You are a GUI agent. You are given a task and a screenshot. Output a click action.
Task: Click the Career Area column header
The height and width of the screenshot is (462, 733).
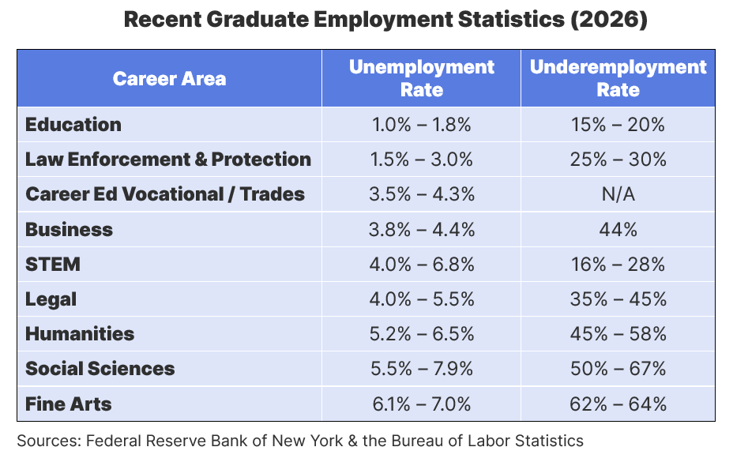[169, 78]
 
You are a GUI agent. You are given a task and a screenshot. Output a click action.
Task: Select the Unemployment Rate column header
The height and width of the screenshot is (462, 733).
[421, 78]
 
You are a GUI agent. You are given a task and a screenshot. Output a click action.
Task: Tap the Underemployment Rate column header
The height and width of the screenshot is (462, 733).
[618, 78]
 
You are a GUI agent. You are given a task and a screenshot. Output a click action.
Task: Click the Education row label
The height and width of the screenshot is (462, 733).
[73, 124]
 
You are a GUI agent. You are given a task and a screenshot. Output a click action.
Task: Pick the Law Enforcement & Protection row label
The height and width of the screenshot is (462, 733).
[168, 159]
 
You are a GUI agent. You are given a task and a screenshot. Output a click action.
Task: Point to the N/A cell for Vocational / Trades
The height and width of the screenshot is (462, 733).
[618, 194]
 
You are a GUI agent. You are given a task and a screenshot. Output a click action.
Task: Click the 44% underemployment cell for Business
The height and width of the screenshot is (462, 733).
[618, 229]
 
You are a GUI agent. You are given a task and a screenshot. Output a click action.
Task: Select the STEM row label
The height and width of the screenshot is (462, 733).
[53, 264]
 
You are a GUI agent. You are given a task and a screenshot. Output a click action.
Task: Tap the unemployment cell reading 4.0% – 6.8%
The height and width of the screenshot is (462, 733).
[421, 264]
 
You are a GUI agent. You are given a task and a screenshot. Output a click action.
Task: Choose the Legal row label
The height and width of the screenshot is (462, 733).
[51, 299]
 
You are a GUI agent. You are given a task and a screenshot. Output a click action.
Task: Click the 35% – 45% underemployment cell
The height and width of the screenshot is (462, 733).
[618, 299]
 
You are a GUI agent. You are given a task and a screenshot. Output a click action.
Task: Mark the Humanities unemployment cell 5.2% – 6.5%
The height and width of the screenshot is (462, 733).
[421, 334]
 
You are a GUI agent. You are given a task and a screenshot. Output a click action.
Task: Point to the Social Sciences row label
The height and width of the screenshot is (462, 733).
[100, 369]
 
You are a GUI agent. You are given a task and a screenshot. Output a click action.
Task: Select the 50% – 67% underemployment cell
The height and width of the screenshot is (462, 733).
[618, 369]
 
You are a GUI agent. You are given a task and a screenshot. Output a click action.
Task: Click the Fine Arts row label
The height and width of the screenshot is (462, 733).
[69, 404]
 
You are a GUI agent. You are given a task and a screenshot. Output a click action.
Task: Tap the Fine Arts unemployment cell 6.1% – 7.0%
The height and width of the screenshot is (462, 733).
[421, 404]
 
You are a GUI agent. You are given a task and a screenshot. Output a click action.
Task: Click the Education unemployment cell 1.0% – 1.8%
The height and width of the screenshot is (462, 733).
[421, 124]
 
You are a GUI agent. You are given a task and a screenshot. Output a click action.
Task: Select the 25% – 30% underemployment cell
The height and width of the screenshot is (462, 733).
[618, 159]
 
